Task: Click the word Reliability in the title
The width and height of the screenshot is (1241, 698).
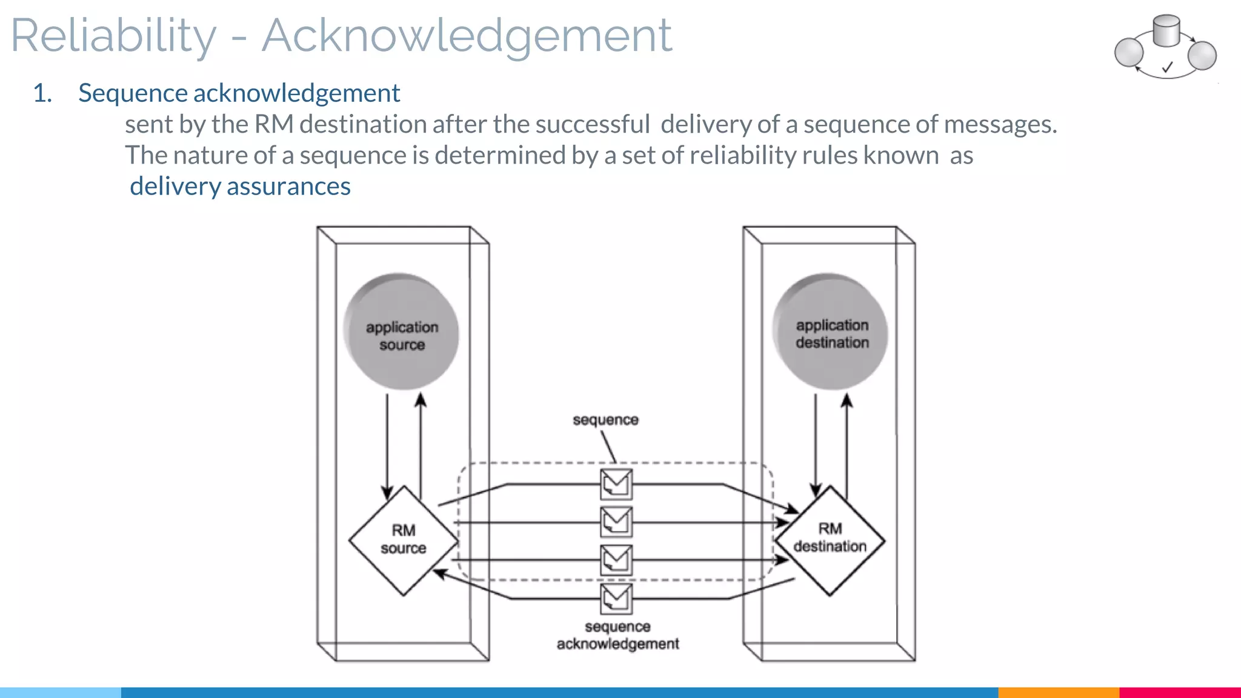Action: pos(113,36)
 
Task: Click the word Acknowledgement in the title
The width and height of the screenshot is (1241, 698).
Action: pos(467,36)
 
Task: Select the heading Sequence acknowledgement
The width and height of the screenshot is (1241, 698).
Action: pos(239,93)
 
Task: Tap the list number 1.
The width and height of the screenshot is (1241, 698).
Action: pos(42,93)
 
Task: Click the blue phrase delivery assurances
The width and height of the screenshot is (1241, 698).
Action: pos(240,187)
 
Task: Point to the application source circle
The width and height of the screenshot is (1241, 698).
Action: pos(401,332)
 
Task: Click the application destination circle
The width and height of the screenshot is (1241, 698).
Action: pos(831,332)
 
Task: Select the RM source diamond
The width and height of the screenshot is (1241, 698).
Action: pos(404,539)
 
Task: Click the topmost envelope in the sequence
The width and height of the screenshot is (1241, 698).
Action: pos(616,484)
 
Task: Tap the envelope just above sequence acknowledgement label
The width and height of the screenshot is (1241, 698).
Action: pos(616,599)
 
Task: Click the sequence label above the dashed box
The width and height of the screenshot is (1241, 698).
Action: pos(605,420)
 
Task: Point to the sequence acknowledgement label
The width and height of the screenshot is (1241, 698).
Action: pos(617,635)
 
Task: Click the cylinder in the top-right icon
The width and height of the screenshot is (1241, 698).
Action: pos(1166,31)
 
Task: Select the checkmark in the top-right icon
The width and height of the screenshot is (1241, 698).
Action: pos(1167,67)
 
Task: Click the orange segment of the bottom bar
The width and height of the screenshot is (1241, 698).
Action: pos(1058,692)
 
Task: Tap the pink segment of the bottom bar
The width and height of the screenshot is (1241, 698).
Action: pos(1179,692)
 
